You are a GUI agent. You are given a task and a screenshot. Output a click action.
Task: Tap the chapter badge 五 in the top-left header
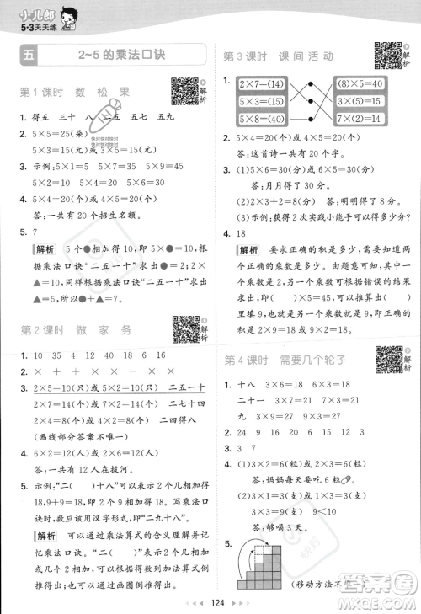click(29, 56)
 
